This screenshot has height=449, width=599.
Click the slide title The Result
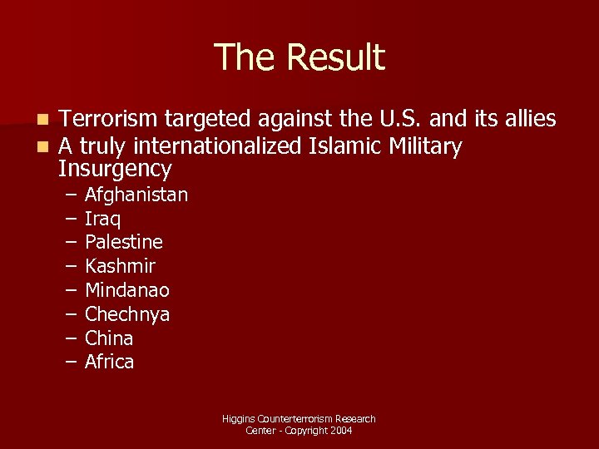pyautogui.click(x=299, y=58)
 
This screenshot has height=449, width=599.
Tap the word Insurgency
pyautogui.click(x=115, y=170)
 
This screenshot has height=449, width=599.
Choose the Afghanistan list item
pyautogui.click(x=136, y=195)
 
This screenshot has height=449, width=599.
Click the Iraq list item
pyautogui.click(x=103, y=220)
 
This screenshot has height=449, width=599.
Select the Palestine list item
pyautogui.click(x=124, y=243)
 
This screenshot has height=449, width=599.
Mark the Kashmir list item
pyautogui.click(x=120, y=267)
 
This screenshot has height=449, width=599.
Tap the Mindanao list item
pyautogui.click(x=127, y=291)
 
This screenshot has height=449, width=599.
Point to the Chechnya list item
pyautogui.click(x=127, y=315)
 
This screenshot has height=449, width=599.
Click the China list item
pyautogui.click(x=109, y=338)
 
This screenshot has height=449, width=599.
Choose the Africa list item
pyautogui.click(x=109, y=363)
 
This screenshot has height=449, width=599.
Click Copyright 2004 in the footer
pyautogui.click(x=319, y=431)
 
